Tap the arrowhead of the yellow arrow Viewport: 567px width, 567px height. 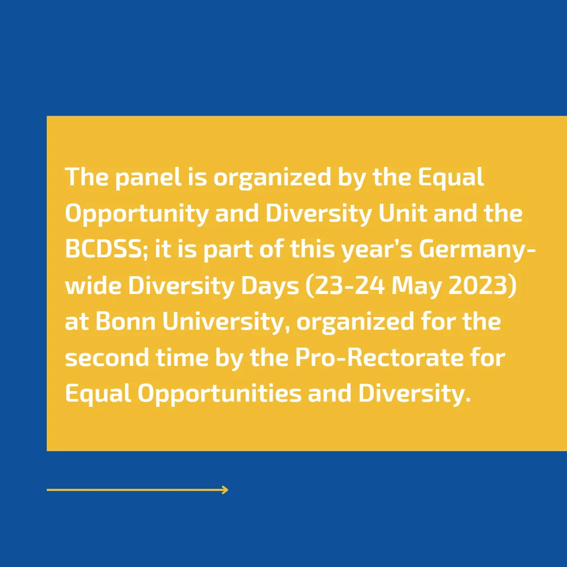[x=225, y=490]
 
